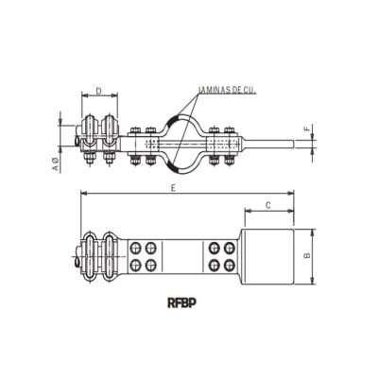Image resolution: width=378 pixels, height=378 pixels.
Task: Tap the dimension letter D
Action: coord(98,93)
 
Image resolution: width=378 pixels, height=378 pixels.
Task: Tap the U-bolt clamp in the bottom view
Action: coord(98,253)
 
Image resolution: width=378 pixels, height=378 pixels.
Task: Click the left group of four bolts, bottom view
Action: coord(146,253)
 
